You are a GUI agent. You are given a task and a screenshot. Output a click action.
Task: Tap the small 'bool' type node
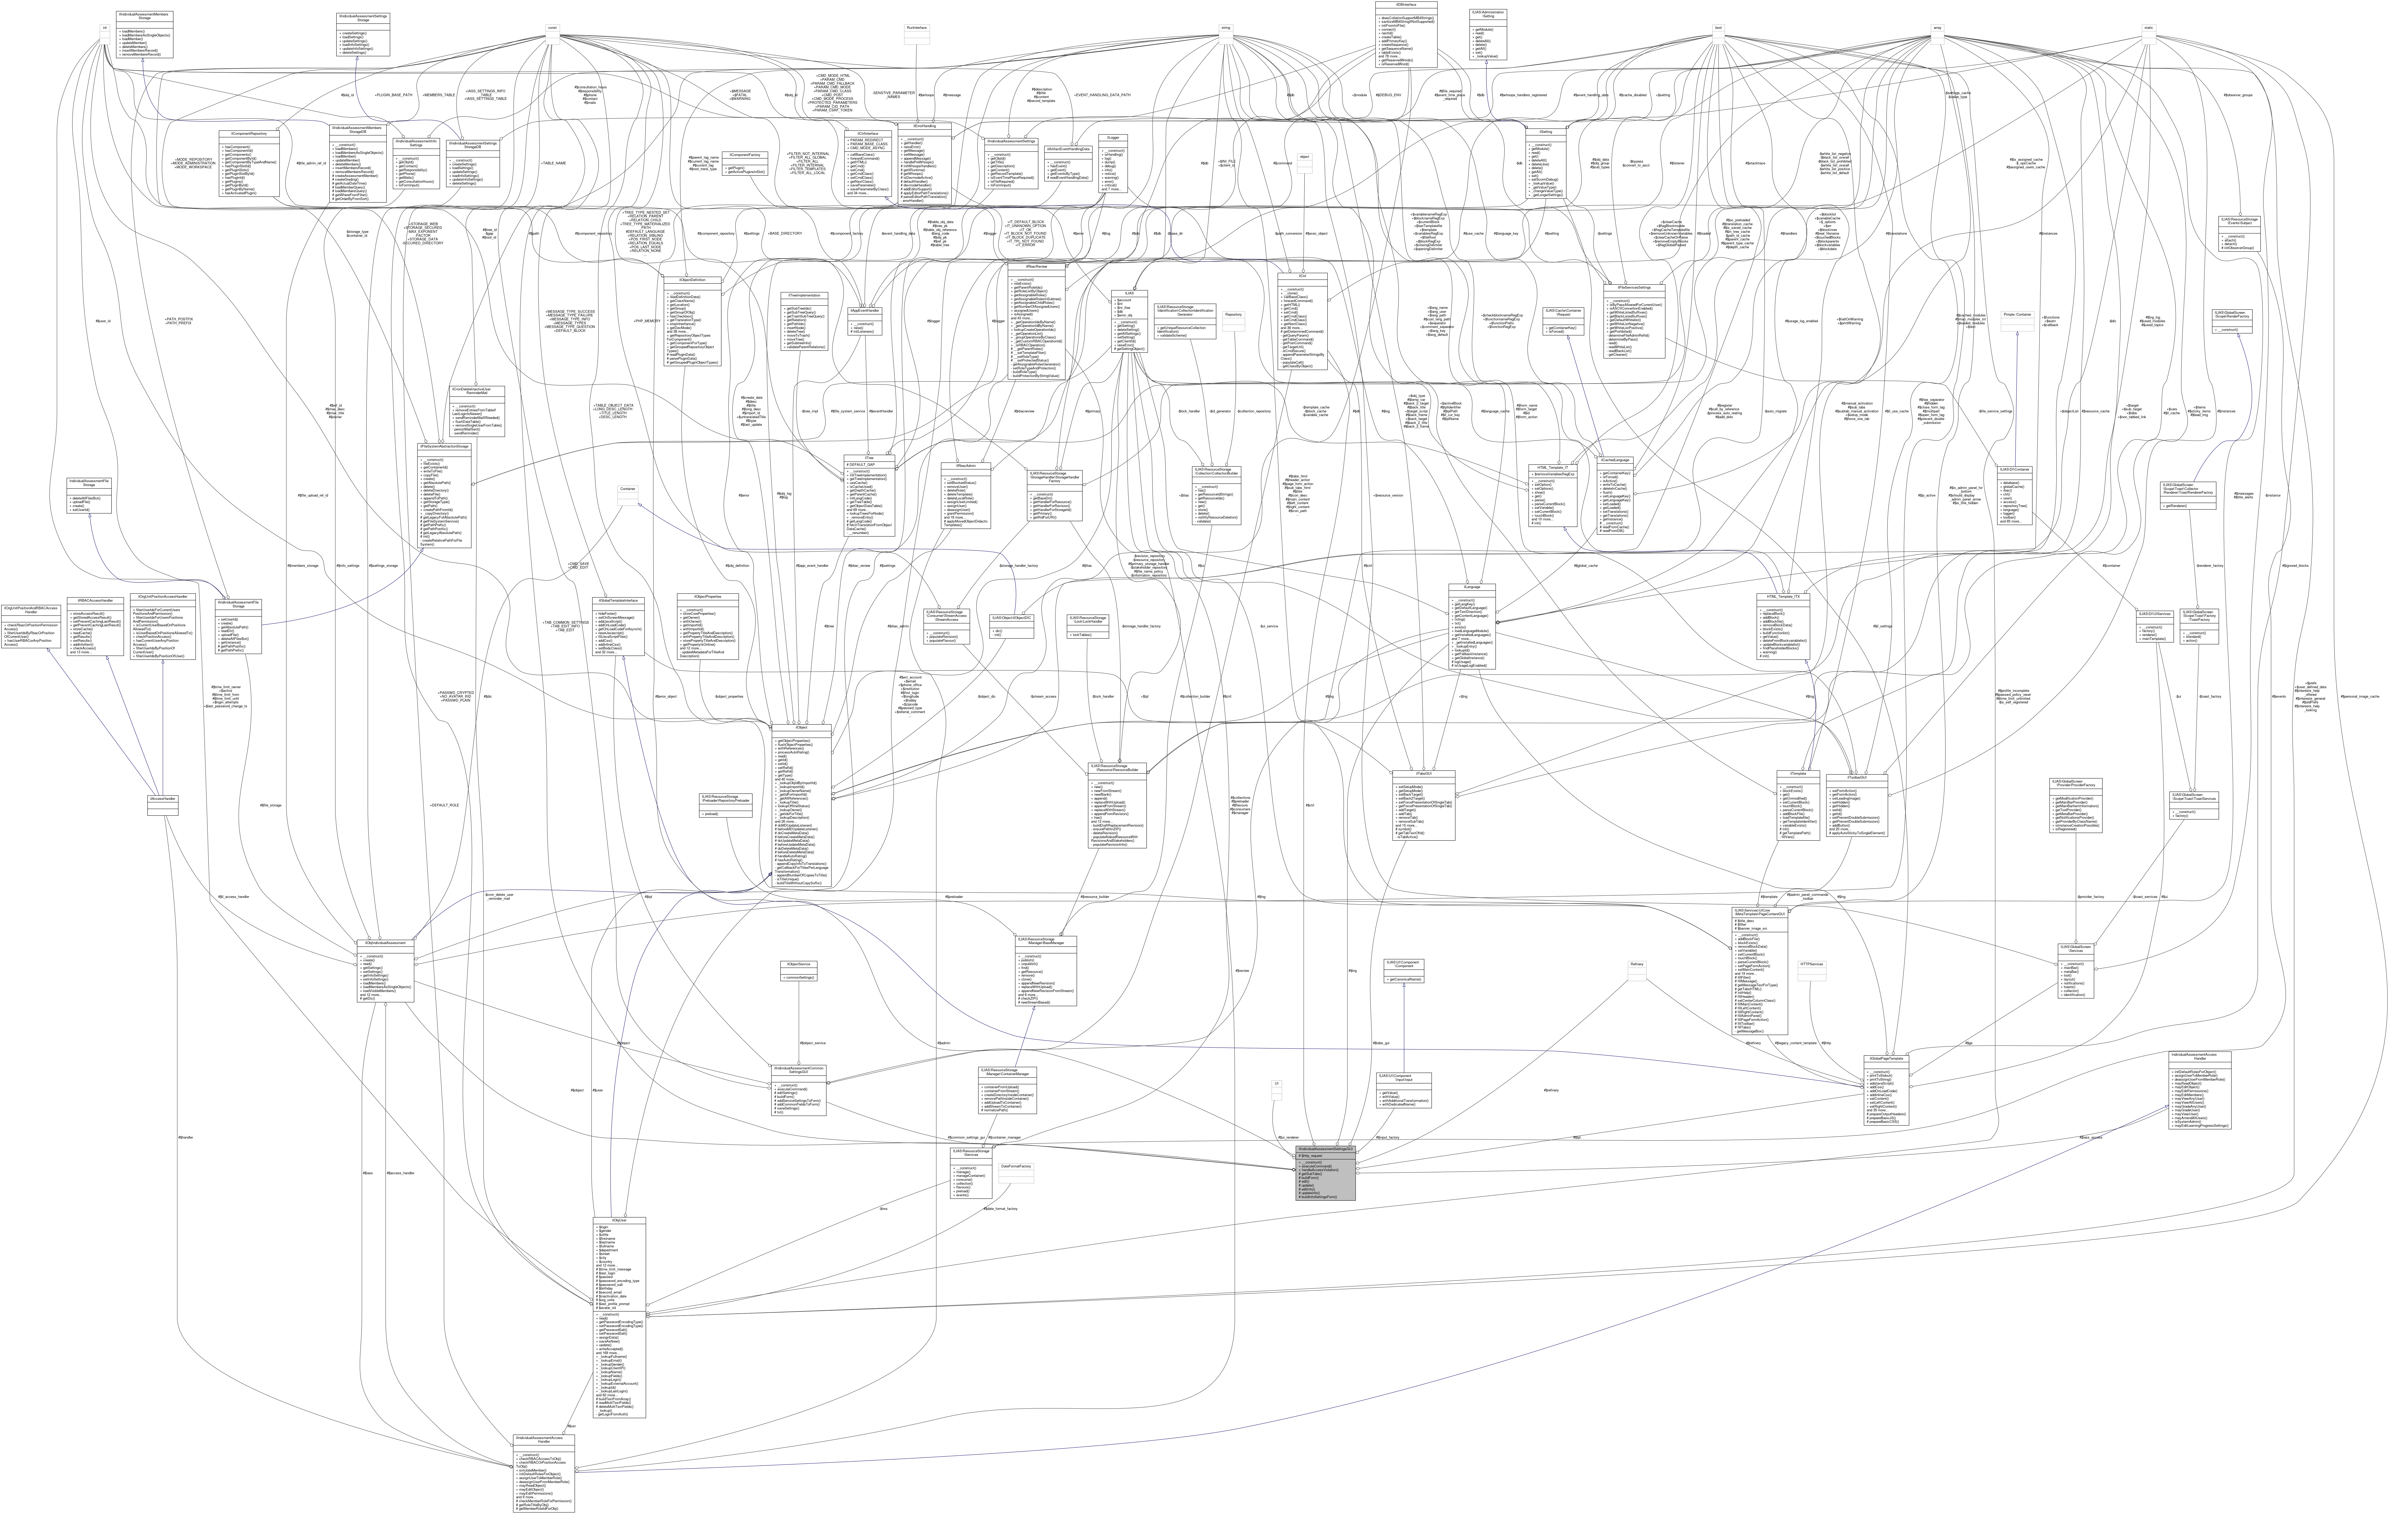1716,28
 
